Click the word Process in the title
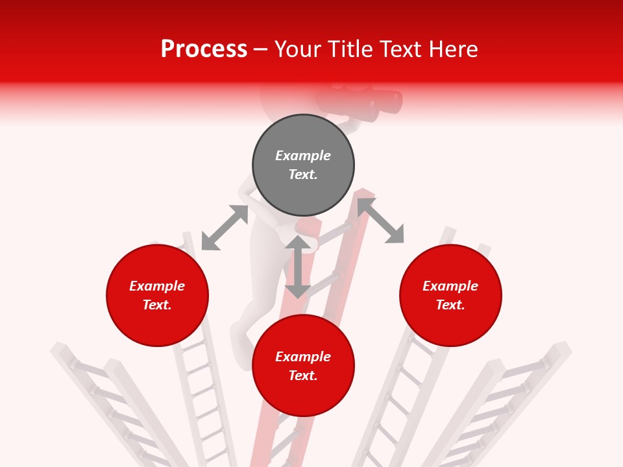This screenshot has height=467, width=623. [204, 49]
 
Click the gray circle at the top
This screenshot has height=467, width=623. [303, 165]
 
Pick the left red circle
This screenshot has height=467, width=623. [157, 296]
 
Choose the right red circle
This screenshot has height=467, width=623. [450, 296]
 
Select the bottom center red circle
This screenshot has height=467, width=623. [303, 366]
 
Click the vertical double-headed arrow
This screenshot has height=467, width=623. [298, 267]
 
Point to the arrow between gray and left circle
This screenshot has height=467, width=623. [225, 228]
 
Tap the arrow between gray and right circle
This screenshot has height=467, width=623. [381, 221]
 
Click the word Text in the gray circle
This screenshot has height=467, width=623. [302, 174]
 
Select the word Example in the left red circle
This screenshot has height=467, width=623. [157, 286]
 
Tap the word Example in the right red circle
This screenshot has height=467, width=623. [450, 286]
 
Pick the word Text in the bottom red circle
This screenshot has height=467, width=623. [302, 376]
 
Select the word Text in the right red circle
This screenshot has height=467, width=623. [450, 305]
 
